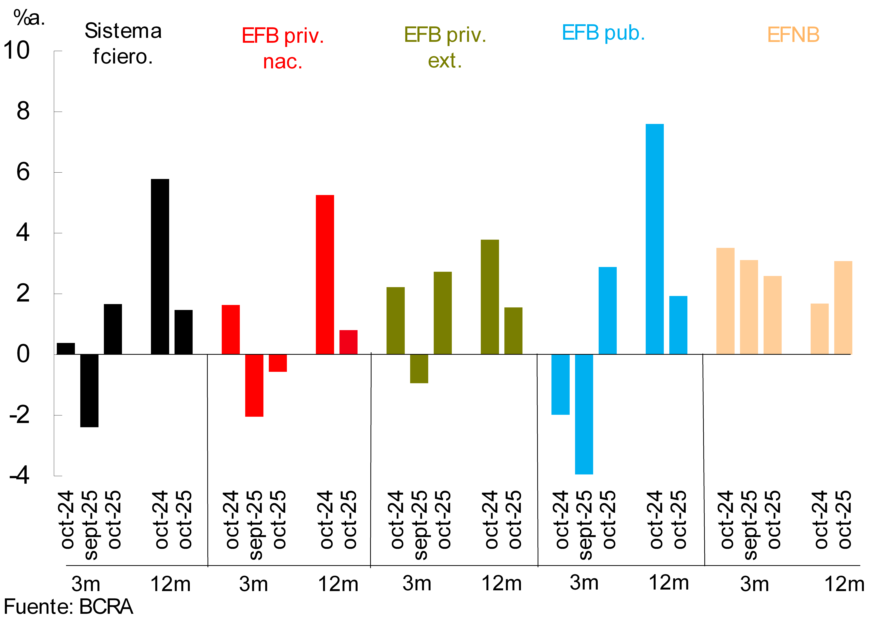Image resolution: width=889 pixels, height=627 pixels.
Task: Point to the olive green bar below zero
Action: pos(419,369)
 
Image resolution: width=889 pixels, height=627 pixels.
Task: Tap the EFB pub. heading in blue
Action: pos(603,33)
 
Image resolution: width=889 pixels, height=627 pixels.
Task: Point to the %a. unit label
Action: pos(29,17)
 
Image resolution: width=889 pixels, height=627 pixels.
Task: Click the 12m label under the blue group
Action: pos(669,583)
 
